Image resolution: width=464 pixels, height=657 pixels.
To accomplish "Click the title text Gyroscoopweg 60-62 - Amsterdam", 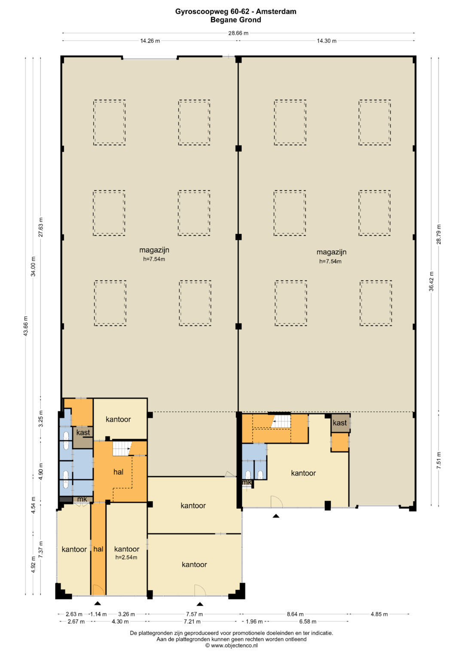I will point(235,12).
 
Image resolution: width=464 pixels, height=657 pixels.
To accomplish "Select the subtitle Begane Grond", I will point(235,20).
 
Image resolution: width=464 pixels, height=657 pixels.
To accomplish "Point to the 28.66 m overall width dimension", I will point(238,33).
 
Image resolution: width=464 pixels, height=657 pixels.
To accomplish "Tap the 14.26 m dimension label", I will point(150,41).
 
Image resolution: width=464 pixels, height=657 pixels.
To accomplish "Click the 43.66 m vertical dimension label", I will point(26,324).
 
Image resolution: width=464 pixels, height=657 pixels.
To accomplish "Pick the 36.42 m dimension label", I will point(431,281).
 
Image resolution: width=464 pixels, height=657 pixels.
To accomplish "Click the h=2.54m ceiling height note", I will point(126,557).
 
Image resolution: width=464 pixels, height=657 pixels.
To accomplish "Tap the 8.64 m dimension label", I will point(295,614).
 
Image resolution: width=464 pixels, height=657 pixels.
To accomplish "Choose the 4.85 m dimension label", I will point(379,614).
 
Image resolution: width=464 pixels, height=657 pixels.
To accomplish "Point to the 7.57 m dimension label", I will point(194,614).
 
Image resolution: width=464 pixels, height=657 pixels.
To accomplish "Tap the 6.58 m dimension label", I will point(308,621).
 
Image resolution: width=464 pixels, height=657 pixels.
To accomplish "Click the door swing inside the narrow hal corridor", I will point(98,590).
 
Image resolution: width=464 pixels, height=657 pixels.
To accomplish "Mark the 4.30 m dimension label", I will point(120,621).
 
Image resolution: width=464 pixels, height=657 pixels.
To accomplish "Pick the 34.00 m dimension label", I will point(34,266).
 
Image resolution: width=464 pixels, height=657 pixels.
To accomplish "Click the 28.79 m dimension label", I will point(439,234).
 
